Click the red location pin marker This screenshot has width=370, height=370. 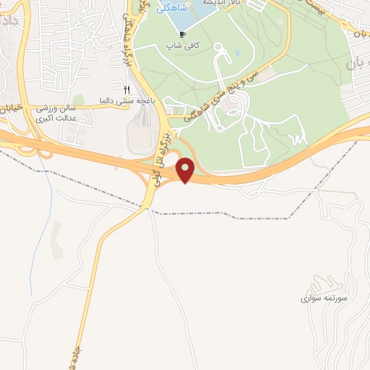(x=186, y=170)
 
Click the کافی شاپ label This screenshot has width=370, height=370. (x=184, y=45)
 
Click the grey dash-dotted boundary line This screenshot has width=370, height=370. (x=217, y=214)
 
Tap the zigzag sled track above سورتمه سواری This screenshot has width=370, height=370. (x=318, y=278)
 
